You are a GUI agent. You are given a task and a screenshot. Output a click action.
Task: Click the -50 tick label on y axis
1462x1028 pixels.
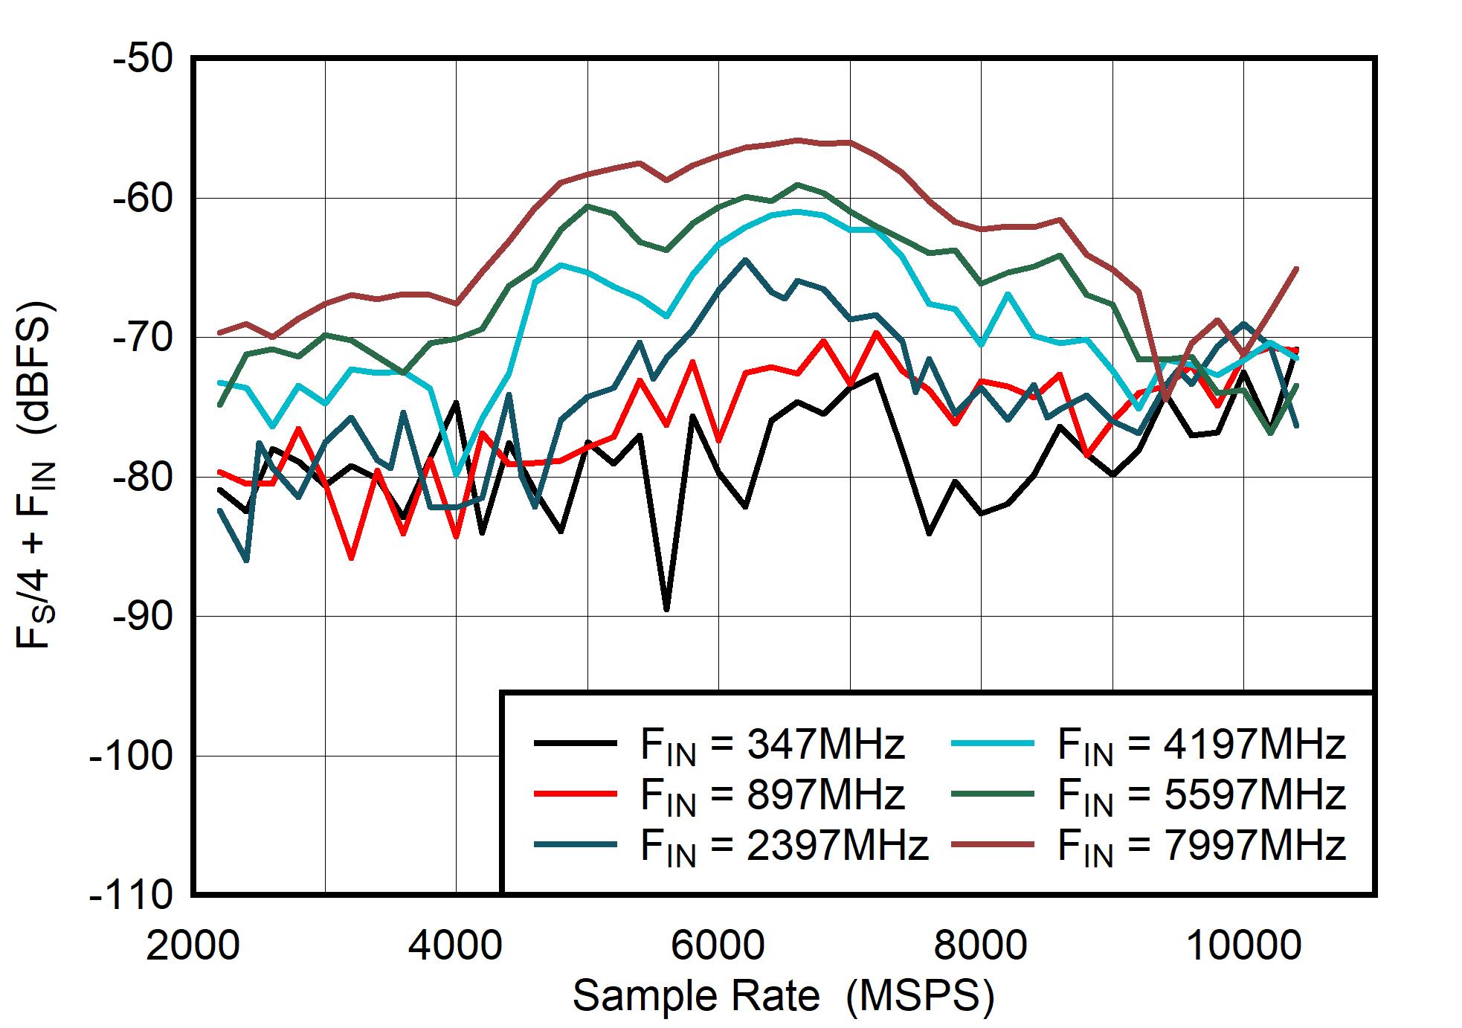pos(143,58)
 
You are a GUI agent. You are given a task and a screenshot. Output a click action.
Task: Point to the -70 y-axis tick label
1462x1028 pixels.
pos(143,337)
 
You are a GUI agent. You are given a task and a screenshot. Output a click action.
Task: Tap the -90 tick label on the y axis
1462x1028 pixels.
pos(143,616)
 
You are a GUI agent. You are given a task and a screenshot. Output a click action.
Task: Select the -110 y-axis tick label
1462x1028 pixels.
pos(131,894)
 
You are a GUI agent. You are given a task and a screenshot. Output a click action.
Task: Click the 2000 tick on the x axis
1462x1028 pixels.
pos(193,945)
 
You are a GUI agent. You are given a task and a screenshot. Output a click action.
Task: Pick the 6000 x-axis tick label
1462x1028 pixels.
pos(718,945)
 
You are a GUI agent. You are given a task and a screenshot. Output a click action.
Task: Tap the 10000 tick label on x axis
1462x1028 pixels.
pos(1243,945)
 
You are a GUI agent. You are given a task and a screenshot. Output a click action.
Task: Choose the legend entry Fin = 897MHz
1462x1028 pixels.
pos(772,794)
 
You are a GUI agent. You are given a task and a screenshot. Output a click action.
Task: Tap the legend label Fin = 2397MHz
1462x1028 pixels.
pos(784,845)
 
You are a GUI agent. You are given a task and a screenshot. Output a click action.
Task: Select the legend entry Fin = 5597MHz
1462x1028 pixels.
pos(1201,794)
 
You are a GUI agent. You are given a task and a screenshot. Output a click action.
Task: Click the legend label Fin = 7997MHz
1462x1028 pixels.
pos(1201,845)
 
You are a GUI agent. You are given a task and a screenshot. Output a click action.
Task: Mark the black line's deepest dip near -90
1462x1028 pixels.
pos(666,609)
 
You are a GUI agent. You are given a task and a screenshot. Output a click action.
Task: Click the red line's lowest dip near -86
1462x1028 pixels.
pos(351,557)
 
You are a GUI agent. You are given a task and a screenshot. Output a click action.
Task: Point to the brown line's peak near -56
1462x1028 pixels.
pos(797,140)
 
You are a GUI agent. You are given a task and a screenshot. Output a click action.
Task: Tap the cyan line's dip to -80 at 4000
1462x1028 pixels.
pos(456,475)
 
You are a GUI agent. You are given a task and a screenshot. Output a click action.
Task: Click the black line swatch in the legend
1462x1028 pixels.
pos(575,743)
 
